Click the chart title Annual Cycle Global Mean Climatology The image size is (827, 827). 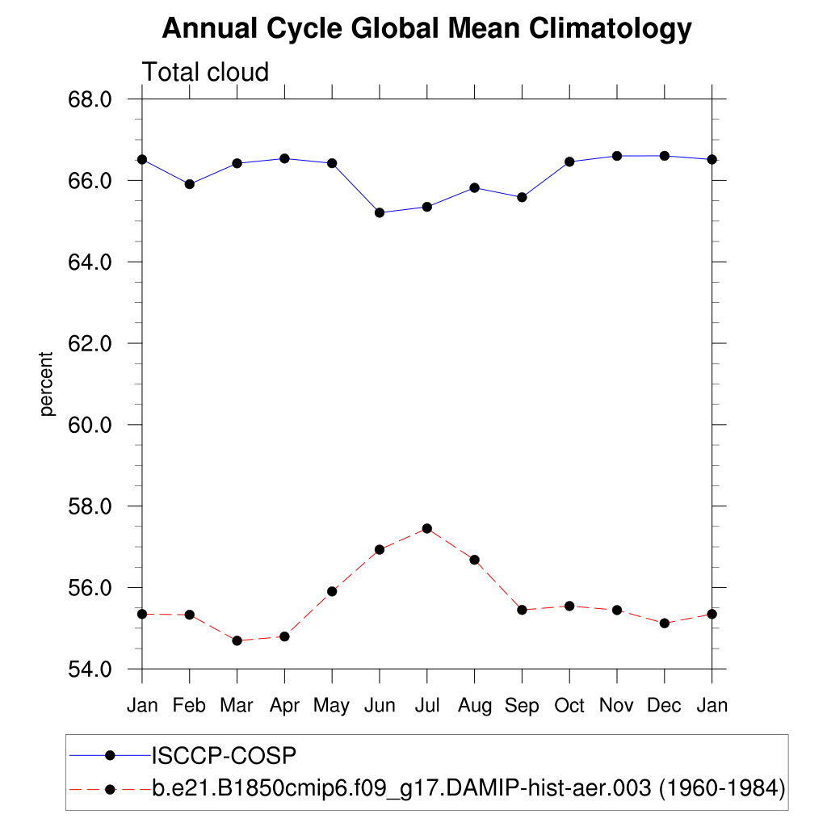pos(426,29)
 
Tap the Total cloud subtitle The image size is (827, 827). pos(205,73)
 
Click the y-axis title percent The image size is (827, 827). pos(47,384)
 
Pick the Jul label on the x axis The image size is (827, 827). pos(426,706)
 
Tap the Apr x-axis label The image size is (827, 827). pos(284,706)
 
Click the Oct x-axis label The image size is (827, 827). pos(569,706)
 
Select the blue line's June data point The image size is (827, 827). pos(380,212)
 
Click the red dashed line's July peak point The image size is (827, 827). pos(427,528)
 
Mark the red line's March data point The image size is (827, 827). pos(237,640)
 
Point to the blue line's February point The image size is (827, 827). pos(190,184)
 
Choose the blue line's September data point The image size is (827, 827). pos(522,197)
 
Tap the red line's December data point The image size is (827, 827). pos(665,623)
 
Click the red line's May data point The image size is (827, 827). pos(332,591)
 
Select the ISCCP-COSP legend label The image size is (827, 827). pos(225,756)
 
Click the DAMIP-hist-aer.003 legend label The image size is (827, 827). pos(468,787)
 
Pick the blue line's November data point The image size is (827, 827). pos(617,156)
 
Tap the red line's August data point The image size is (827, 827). pos(475,560)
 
